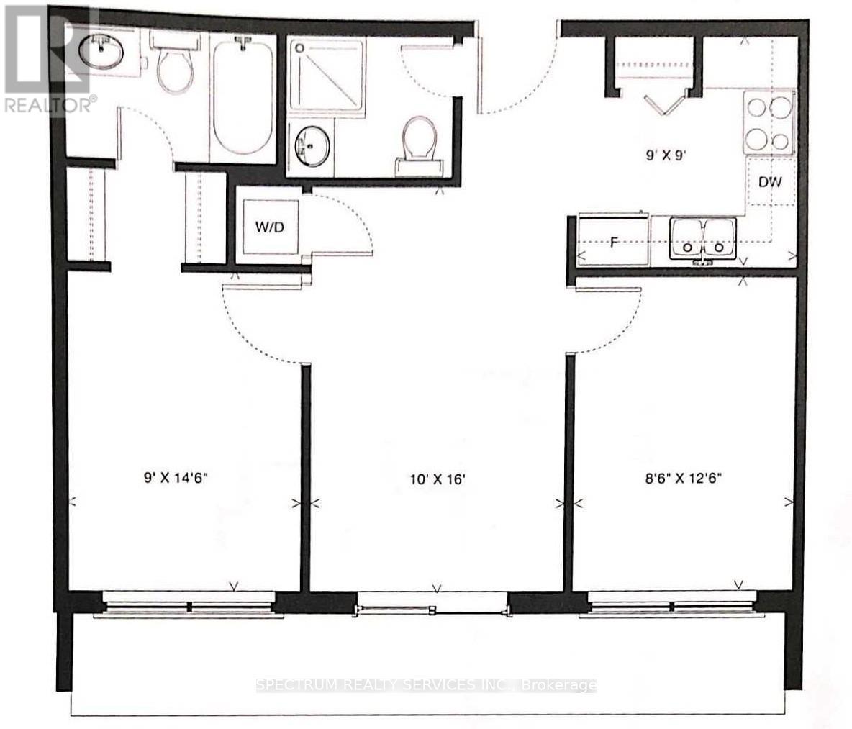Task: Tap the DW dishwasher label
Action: (770, 182)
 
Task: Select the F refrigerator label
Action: (614, 242)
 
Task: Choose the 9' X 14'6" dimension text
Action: (175, 476)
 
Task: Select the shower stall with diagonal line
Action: (327, 76)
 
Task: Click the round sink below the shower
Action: (311, 145)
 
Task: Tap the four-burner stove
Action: (769, 122)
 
